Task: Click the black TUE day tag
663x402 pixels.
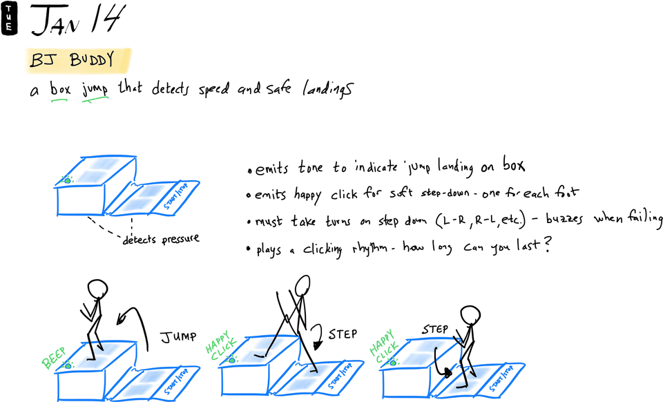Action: coord(9,18)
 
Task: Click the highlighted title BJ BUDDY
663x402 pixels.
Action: coord(72,59)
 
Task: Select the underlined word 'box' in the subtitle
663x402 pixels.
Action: coord(60,89)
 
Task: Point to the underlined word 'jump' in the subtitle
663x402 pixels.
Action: coord(95,90)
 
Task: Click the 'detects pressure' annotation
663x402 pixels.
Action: coord(161,239)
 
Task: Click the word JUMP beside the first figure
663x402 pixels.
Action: coord(178,337)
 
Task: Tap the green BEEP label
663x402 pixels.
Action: coord(54,357)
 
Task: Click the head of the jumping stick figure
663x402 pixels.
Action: coord(97,289)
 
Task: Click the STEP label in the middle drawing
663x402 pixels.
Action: coord(343,334)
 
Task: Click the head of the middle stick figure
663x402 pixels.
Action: coord(302,285)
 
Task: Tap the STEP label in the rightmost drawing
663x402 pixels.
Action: coord(435,329)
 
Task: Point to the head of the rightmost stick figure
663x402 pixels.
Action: coord(470,316)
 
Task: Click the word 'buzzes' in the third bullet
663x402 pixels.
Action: coord(564,218)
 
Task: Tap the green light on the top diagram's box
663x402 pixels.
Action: coord(67,180)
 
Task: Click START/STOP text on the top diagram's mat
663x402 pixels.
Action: coord(175,195)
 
